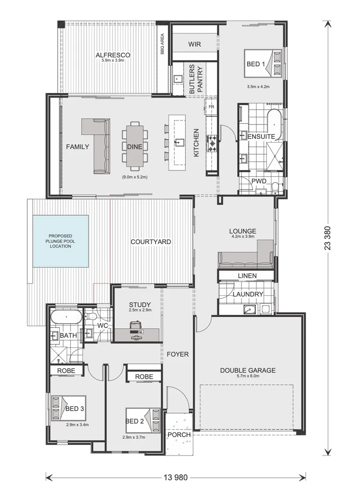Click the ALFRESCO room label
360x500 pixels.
tap(112, 56)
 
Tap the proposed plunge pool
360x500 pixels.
tap(61, 241)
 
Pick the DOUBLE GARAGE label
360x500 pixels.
tap(248, 370)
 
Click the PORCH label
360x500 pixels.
tap(179, 435)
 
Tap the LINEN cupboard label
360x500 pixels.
tap(247, 276)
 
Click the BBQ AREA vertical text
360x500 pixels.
tap(162, 44)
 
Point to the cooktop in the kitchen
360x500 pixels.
tap(213, 144)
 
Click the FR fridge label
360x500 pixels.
tap(211, 107)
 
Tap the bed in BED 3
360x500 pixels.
tap(68, 408)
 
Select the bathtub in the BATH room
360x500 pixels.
tap(66, 318)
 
